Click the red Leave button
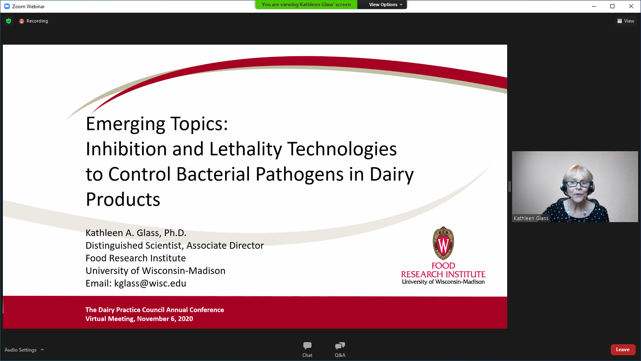click(623, 350)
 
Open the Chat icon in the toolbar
click(307, 346)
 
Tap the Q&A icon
click(340, 346)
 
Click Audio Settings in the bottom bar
click(20, 350)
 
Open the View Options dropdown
click(386, 5)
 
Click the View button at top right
click(626, 21)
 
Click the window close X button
click(631, 6)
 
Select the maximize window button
click(612, 6)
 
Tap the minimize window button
click(594, 6)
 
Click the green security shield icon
click(9, 21)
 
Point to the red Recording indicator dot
click(21, 21)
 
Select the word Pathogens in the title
click(299, 175)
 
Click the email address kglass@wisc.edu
click(150, 284)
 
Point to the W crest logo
click(443, 243)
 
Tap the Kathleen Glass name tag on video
click(531, 218)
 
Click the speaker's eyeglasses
click(578, 184)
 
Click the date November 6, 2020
click(165, 319)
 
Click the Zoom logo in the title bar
click(7, 6)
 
